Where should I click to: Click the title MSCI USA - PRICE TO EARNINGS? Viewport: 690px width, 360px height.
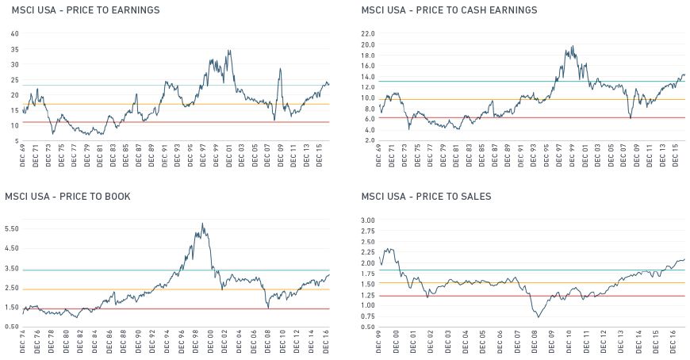85,10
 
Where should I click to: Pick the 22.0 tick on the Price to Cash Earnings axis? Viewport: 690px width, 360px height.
367,34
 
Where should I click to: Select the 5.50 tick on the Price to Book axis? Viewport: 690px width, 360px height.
13,228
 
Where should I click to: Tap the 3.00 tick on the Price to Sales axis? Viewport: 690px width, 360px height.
367,220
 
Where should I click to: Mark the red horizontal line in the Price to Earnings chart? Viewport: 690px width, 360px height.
159,122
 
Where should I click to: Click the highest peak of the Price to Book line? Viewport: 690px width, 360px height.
202,224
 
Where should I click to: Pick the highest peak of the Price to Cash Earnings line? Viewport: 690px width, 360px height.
572,46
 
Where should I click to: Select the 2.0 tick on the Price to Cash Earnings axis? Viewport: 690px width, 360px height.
367,140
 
